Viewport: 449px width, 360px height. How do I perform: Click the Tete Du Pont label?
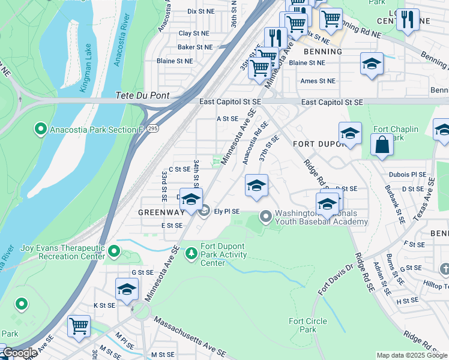[142, 95]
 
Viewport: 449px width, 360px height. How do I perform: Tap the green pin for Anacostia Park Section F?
[41, 128]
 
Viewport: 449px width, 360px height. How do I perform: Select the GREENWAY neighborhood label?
[161, 212]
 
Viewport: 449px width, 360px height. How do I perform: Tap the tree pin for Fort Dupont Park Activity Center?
[191, 254]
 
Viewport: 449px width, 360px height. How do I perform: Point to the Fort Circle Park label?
[308, 325]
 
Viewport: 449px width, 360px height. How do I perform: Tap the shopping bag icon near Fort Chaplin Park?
[382, 145]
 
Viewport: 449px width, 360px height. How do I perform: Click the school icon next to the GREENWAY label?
[191, 200]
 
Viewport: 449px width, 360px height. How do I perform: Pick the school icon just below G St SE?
[127, 290]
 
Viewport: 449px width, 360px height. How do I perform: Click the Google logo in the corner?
[19, 353]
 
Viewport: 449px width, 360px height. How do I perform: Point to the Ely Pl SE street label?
[227, 211]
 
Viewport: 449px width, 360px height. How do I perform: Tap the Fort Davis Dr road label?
[333, 278]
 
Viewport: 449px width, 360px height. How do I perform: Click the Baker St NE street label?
[194, 47]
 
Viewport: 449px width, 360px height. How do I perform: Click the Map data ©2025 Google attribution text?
[412, 355]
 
